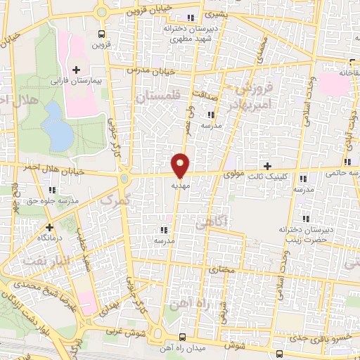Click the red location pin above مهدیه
point(181,165)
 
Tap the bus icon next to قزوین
point(102,34)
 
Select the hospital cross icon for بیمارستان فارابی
point(76,70)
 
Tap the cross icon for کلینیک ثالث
point(266,165)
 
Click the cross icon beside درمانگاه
point(49,227)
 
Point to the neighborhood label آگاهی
point(212,222)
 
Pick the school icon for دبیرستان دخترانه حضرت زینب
point(304,217)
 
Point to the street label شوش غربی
point(127,330)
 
